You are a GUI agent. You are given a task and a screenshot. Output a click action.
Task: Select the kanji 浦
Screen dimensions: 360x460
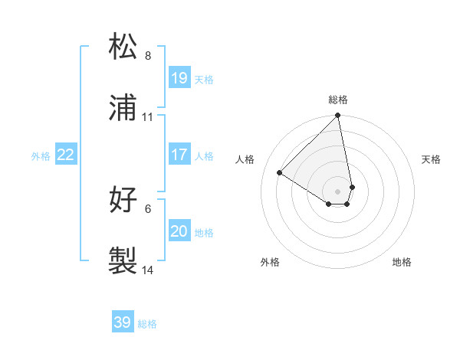click(x=123, y=109)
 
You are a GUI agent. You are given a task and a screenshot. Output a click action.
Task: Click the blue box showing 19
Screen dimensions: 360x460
click(x=179, y=78)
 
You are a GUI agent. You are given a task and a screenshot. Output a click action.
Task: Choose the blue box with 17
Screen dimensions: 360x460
click(x=179, y=155)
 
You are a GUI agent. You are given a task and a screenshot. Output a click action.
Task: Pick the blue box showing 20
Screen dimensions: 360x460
click(x=179, y=231)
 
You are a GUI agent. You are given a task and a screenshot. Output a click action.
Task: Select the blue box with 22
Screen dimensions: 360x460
click(x=66, y=155)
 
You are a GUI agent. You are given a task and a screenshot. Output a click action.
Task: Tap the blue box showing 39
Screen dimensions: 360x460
click(x=123, y=322)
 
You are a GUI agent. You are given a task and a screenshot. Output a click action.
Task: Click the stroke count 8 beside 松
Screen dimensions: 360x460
click(x=148, y=56)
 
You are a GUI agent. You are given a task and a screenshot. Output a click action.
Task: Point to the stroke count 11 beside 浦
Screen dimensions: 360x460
click(x=148, y=117)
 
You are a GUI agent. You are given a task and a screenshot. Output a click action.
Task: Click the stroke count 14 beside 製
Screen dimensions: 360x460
click(x=148, y=270)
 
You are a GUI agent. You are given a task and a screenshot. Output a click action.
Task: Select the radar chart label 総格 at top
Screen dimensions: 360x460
click(x=338, y=100)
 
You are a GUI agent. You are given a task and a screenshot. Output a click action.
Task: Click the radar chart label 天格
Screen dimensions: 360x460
click(x=431, y=159)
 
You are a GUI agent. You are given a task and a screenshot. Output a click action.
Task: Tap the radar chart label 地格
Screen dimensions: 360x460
click(x=402, y=262)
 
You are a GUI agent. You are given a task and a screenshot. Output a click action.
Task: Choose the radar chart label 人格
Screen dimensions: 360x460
click(x=245, y=159)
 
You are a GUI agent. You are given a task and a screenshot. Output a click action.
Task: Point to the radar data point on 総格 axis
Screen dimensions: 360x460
click(x=337, y=116)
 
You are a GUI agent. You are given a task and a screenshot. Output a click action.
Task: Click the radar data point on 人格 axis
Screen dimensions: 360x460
click(x=280, y=173)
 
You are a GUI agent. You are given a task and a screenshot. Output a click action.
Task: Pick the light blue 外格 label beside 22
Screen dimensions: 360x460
click(x=41, y=156)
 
